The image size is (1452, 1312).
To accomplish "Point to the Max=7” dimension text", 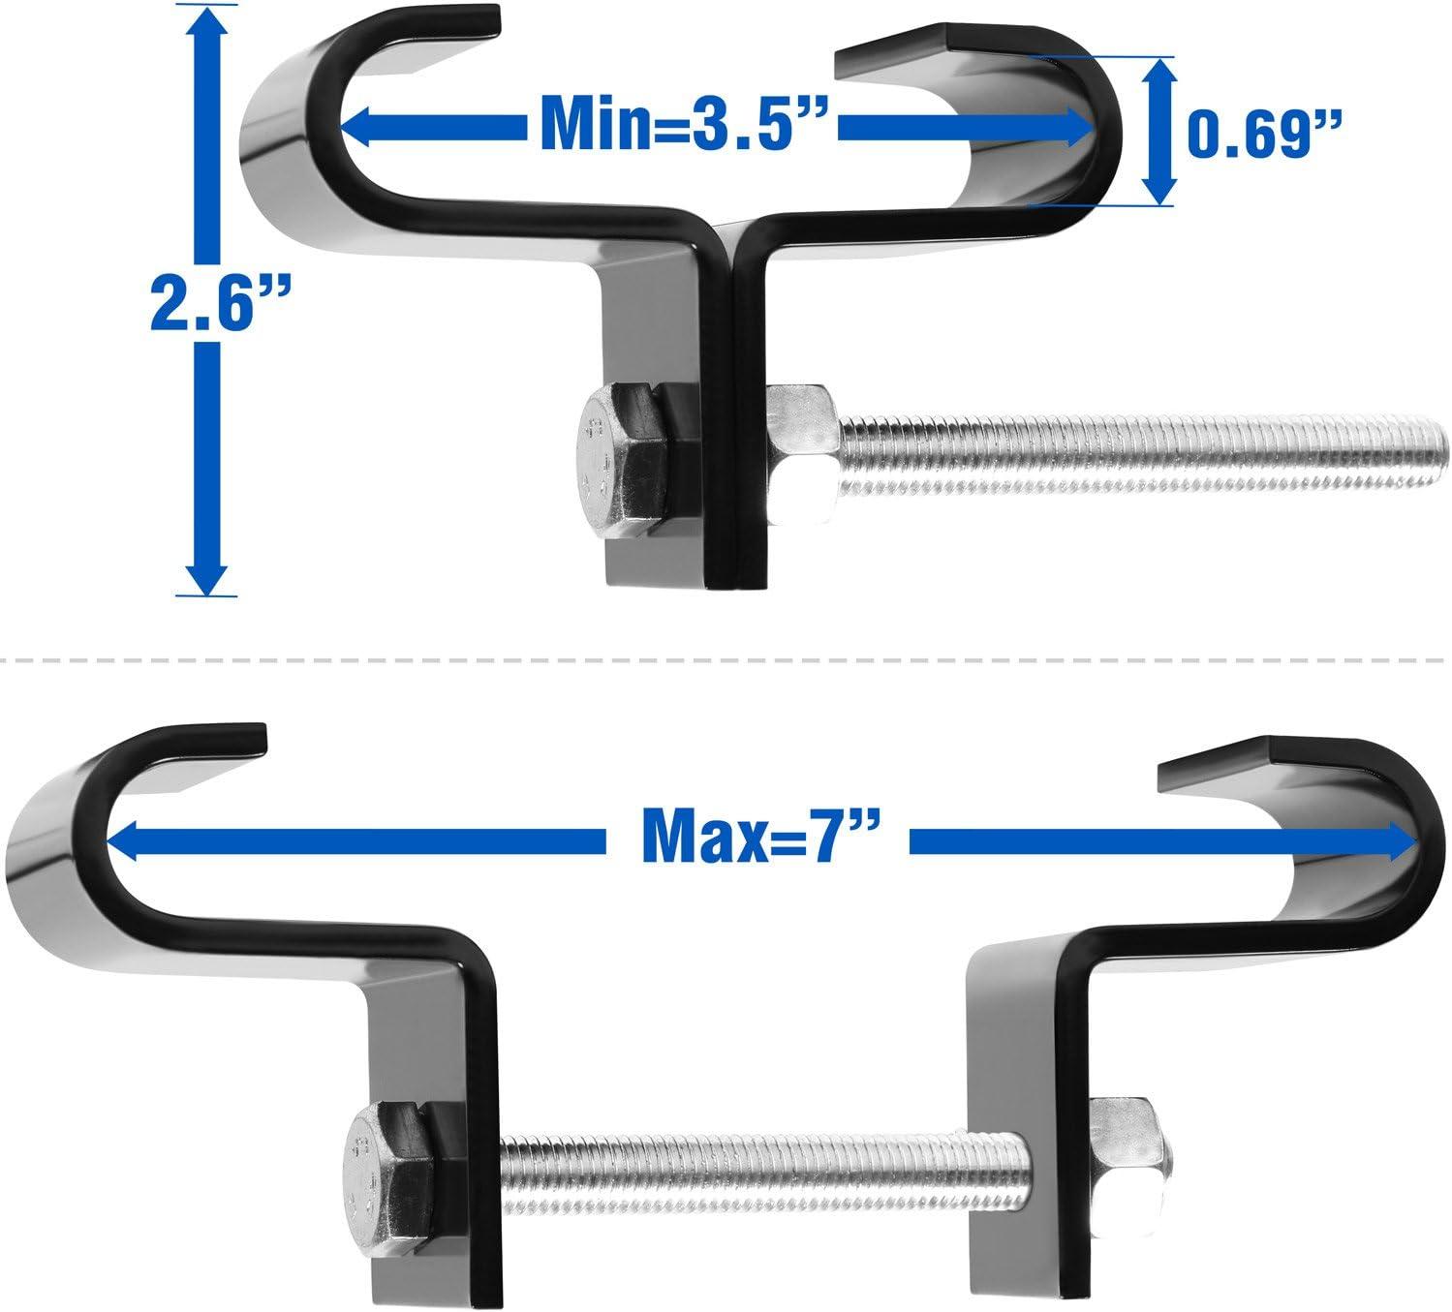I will pyautogui.click(x=753, y=841).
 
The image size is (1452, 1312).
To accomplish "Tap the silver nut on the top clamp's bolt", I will pyautogui.click(x=801, y=451).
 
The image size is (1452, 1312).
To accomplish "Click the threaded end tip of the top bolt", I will pyautogui.click(x=1438, y=452).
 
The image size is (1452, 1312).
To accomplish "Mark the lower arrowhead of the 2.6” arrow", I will pyautogui.click(x=207, y=576).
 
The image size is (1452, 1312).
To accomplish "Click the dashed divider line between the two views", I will pyautogui.click(x=726, y=661).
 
